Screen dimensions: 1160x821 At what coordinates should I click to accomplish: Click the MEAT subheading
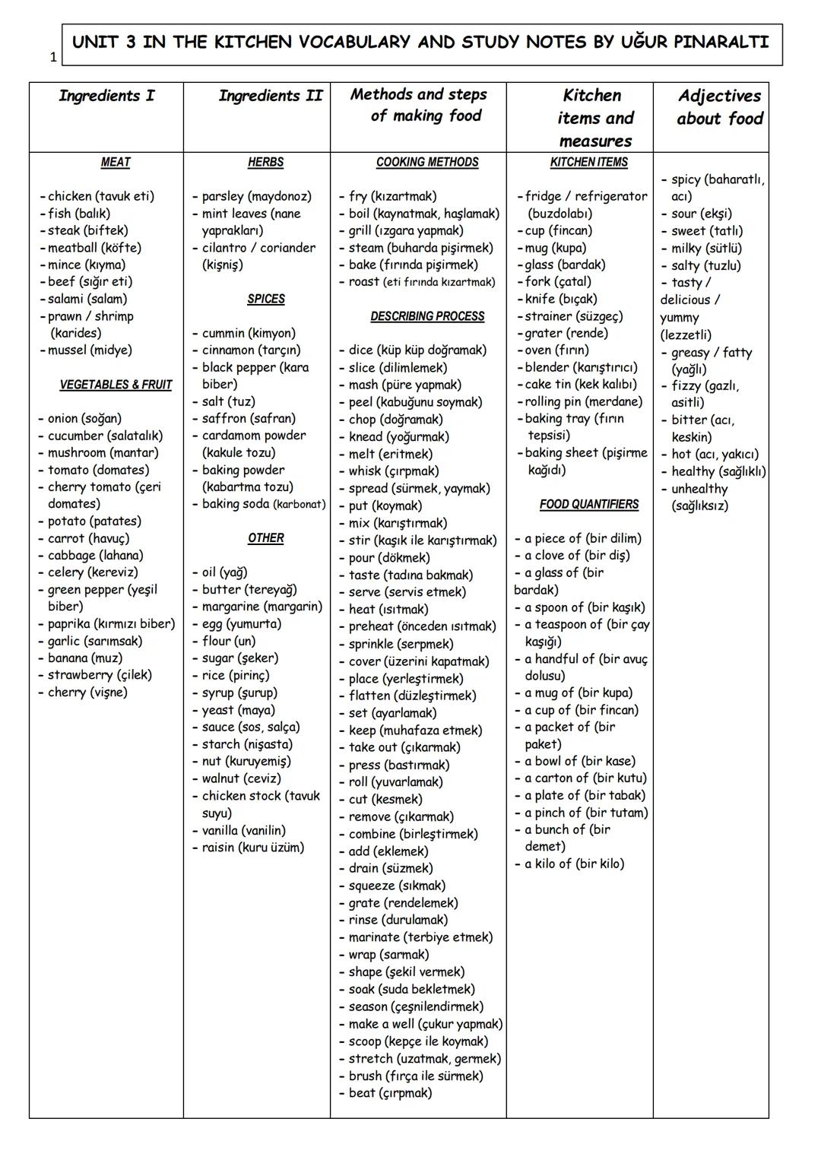coord(116,162)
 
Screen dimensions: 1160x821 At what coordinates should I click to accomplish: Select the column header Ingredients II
coord(270,96)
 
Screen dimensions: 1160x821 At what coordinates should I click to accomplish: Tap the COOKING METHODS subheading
coord(427,162)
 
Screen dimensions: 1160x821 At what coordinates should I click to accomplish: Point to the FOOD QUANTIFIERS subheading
coord(589,504)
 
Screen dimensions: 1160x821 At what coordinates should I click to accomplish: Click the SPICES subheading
coord(265,299)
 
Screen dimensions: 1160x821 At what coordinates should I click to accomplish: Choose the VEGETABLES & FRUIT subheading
coord(116,385)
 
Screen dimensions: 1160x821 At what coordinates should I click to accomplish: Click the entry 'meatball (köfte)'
coord(94,248)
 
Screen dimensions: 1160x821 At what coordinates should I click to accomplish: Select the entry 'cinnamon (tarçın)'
coord(251,350)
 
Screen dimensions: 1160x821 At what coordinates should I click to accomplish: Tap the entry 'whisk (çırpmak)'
coord(393,471)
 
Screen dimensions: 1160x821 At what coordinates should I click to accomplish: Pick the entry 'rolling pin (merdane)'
coord(583,401)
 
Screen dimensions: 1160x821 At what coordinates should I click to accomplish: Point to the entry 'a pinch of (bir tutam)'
coord(585,813)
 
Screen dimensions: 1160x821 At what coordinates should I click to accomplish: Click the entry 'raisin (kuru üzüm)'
coord(252,848)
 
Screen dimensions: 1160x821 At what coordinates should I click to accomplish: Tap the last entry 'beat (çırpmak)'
coord(390,1093)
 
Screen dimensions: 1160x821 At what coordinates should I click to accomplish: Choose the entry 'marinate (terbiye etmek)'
coord(420,937)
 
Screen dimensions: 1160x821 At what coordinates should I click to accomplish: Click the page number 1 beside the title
coord(53,57)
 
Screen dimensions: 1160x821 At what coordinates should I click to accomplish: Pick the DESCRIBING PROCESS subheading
coord(427,316)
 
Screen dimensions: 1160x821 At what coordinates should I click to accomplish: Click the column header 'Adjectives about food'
coord(719,107)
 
